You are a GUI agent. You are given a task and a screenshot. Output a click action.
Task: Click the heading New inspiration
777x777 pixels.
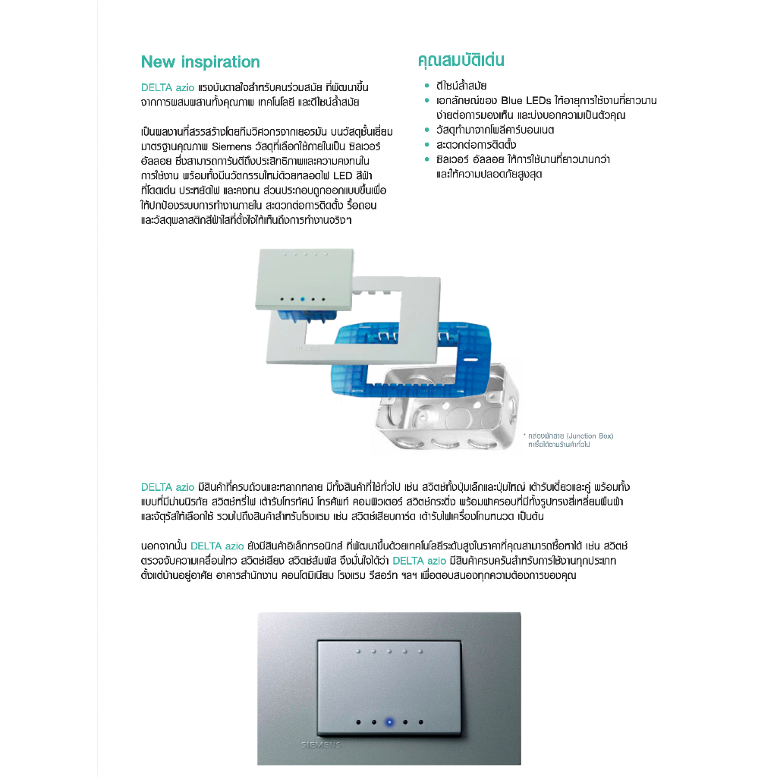[200, 62]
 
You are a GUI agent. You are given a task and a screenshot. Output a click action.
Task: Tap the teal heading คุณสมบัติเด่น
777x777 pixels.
[461, 61]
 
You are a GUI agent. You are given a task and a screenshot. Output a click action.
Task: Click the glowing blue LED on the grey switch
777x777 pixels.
[390, 722]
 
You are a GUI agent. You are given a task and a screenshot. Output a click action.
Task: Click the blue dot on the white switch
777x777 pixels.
[303, 300]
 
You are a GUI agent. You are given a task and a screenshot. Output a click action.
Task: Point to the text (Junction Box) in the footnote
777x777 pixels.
[587, 436]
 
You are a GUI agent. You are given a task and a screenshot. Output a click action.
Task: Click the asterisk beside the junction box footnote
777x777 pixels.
[524, 436]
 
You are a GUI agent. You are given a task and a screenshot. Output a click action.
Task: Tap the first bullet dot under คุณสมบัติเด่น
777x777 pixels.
[428, 86]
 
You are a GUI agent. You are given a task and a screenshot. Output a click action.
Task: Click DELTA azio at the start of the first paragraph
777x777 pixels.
[168, 87]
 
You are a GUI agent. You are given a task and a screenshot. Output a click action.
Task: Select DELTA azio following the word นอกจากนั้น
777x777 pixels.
[217, 546]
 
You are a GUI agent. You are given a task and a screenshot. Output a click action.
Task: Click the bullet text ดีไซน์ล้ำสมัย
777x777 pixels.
[461, 86]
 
